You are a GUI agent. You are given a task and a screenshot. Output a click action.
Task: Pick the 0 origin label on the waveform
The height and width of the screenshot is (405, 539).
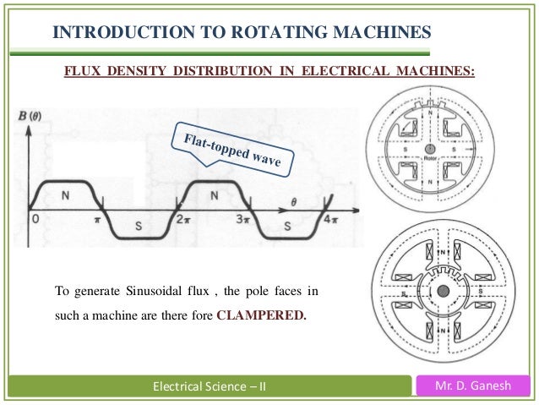35,218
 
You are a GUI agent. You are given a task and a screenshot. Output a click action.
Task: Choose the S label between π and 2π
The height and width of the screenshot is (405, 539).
139,227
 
